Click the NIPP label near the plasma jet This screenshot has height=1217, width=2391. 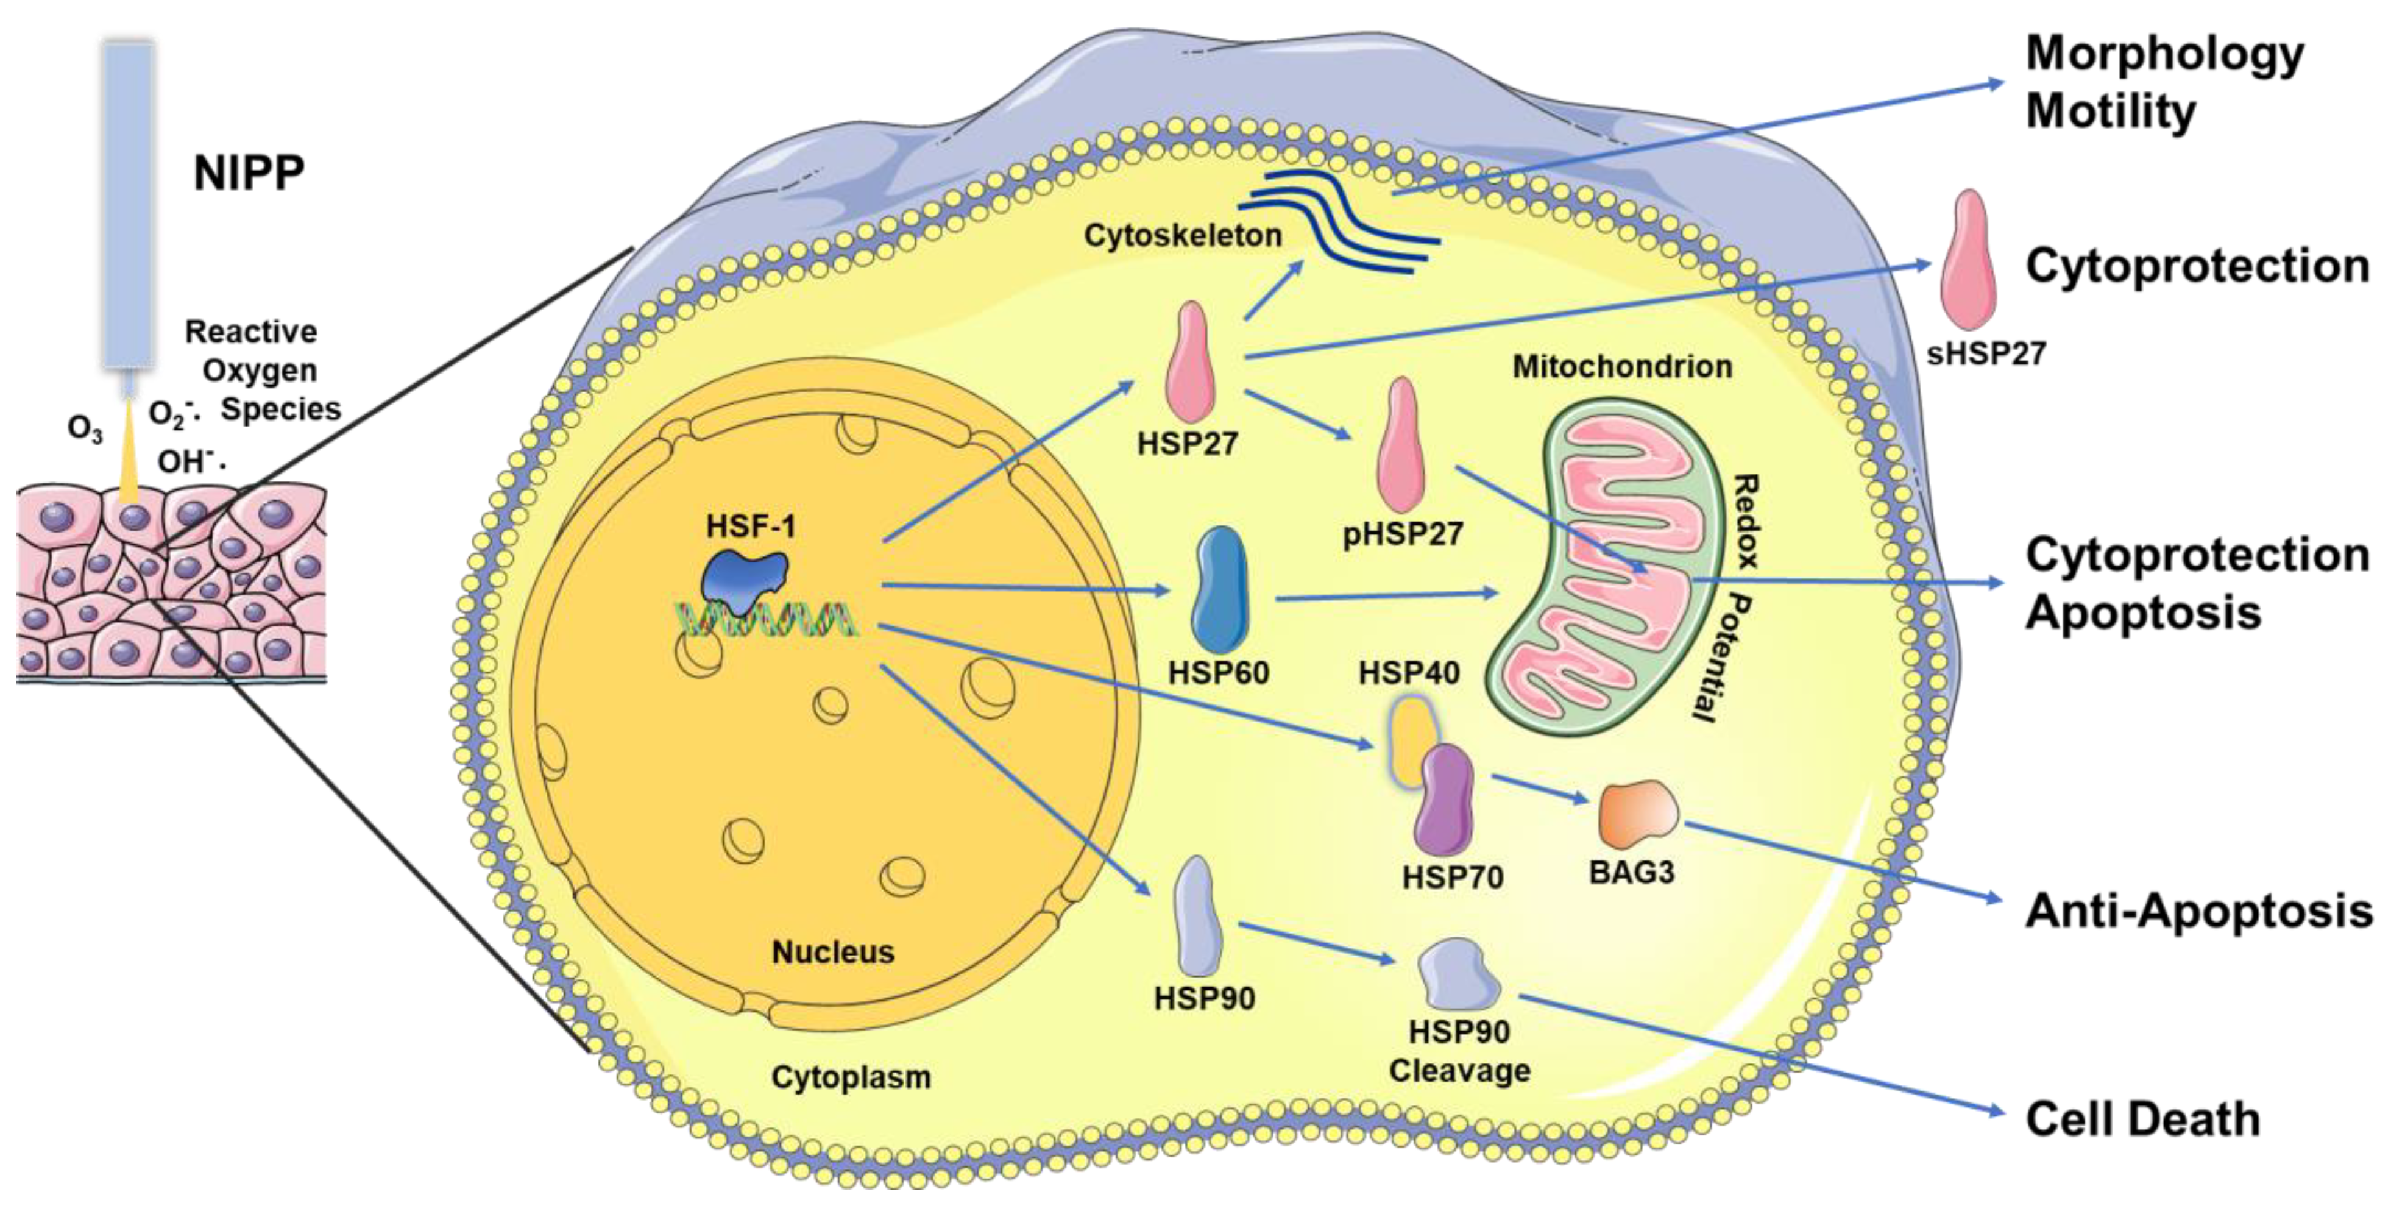[249, 172]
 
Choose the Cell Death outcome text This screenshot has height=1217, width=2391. [2141, 1119]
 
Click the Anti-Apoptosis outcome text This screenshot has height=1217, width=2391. [2198, 910]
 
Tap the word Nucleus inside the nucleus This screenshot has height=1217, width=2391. [832, 951]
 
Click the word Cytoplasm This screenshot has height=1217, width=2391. [850, 1077]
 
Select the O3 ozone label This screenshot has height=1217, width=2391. [85, 430]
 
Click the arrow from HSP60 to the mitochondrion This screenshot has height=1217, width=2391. [1387, 595]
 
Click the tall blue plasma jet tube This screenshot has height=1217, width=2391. [128, 204]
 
